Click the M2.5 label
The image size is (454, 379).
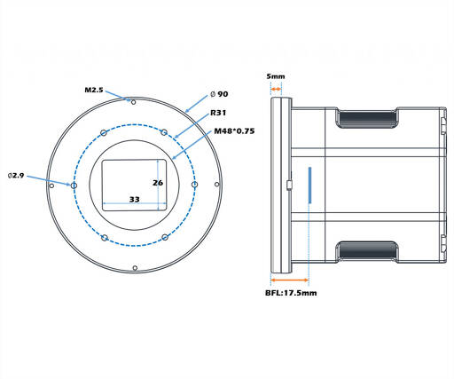94,90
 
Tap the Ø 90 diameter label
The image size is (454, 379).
219,94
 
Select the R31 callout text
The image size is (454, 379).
218,113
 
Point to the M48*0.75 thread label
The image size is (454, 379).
234,131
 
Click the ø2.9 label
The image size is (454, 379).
16,176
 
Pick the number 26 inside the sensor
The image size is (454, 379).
158,183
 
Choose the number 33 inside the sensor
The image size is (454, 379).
135,200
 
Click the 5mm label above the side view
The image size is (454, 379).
276,76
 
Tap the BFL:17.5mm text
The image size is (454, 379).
291,293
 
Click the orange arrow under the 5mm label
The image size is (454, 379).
276,89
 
